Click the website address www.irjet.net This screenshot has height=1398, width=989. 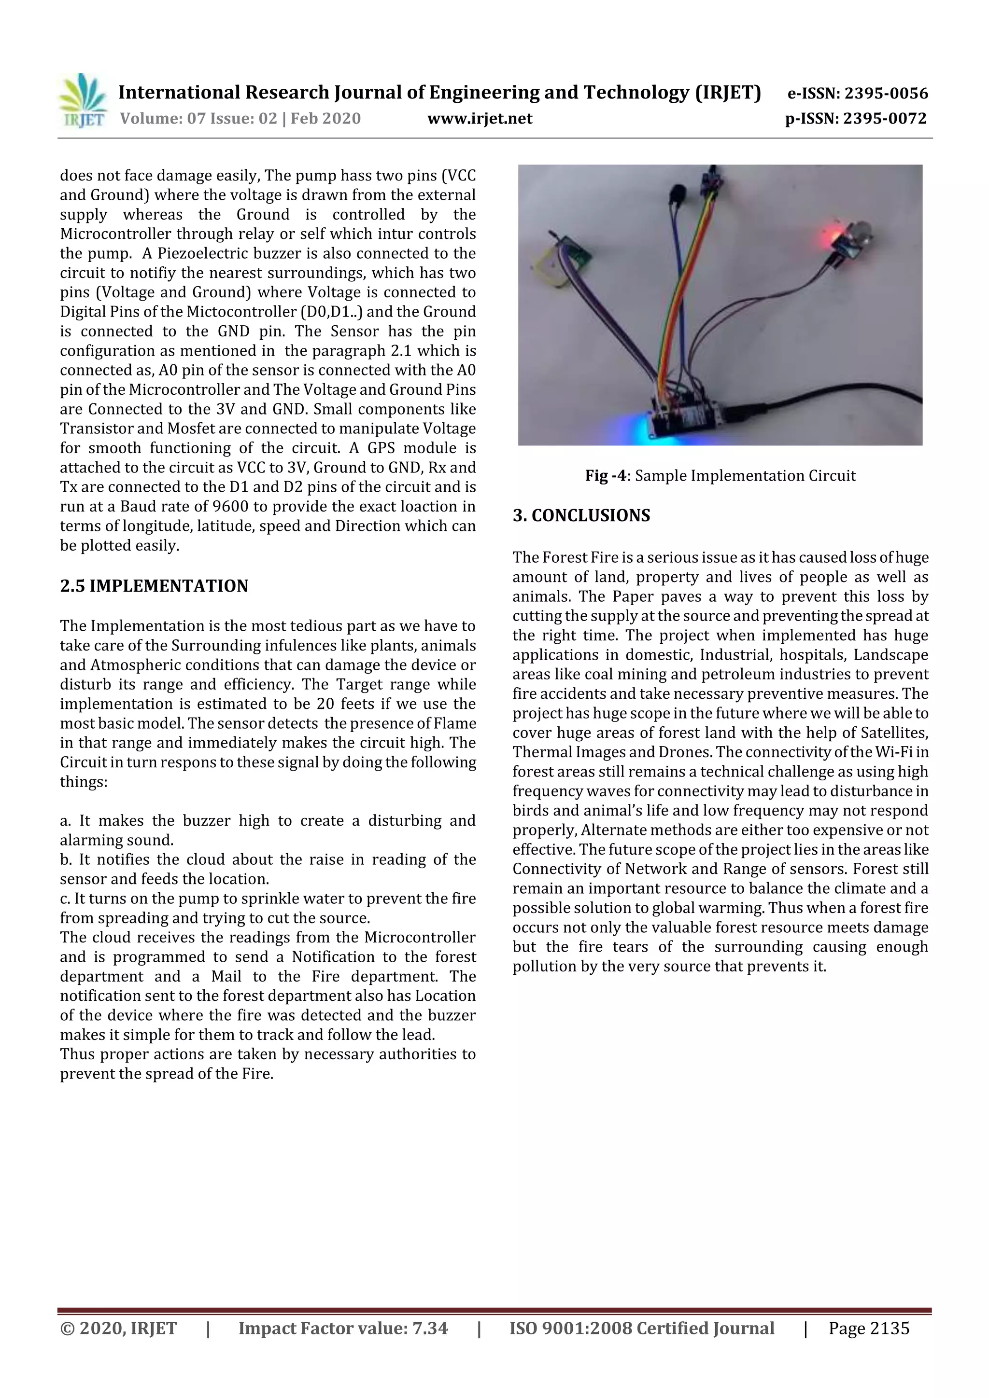pyautogui.click(x=480, y=118)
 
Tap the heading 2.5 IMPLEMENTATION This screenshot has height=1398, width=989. pyautogui.click(x=154, y=586)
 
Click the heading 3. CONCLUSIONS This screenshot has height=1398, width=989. pyautogui.click(x=581, y=516)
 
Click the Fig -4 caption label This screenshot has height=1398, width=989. pyautogui.click(x=605, y=475)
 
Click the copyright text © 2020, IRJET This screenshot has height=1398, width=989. pyautogui.click(x=118, y=1328)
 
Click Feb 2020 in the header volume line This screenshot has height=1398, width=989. pyautogui.click(x=325, y=118)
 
